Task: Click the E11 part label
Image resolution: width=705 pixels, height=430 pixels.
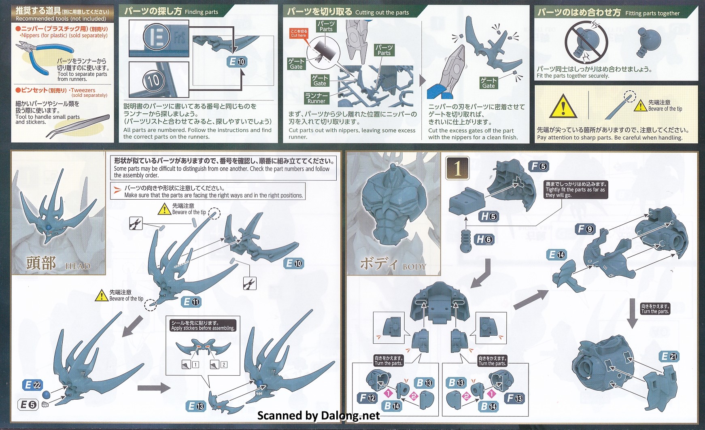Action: [x=191, y=302]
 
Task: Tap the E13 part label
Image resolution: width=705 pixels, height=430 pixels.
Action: [x=196, y=407]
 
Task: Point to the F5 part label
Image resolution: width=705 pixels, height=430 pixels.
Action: [x=539, y=166]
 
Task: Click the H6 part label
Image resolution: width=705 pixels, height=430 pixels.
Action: [x=484, y=239]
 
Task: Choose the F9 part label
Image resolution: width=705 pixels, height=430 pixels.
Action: [x=586, y=229]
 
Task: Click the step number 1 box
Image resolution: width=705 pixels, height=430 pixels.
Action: [x=457, y=168]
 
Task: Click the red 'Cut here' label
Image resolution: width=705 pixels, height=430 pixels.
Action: [x=299, y=33]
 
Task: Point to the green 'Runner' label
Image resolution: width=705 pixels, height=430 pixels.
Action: [x=316, y=98]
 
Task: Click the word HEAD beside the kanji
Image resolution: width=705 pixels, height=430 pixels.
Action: [x=78, y=266]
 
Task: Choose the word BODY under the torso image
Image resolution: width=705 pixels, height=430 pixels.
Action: [x=414, y=266]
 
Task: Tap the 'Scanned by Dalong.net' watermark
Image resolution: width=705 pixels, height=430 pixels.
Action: [x=319, y=416]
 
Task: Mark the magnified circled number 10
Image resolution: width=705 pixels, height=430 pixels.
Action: [x=154, y=80]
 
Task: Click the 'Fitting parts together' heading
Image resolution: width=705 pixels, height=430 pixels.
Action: [x=652, y=13]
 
